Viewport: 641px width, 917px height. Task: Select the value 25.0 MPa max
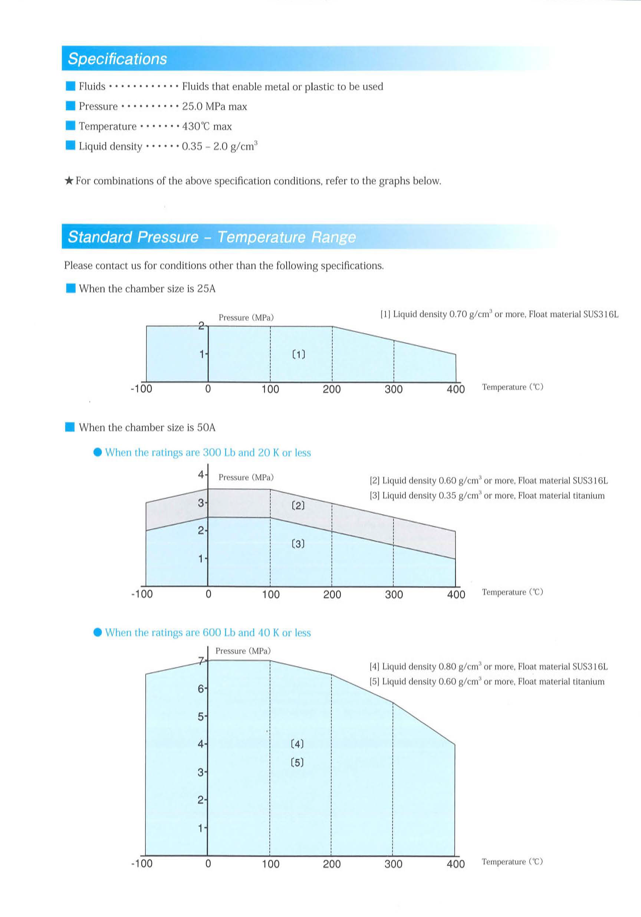(x=214, y=106)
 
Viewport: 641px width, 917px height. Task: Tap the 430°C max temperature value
(x=207, y=126)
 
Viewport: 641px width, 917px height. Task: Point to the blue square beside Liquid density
(x=70, y=145)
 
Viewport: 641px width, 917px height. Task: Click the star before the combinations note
(x=69, y=181)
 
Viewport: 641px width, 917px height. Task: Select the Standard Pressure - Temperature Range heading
(x=211, y=237)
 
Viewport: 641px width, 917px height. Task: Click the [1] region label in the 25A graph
(x=299, y=354)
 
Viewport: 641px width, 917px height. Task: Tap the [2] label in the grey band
(x=298, y=506)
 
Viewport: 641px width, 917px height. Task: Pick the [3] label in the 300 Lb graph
(x=298, y=543)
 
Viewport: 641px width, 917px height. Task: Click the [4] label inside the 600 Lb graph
(x=297, y=744)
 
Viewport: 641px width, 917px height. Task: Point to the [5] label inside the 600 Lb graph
(x=297, y=762)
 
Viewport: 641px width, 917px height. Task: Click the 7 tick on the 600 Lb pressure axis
(x=201, y=661)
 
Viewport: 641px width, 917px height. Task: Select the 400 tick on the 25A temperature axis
(x=456, y=390)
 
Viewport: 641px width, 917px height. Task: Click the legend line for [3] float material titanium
(x=487, y=496)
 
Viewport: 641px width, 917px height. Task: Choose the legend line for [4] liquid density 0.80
(x=488, y=666)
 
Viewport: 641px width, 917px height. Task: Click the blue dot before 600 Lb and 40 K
(x=98, y=632)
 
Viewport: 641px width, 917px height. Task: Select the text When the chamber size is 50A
(x=147, y=428)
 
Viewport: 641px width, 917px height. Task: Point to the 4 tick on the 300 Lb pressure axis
(x=201, y=474)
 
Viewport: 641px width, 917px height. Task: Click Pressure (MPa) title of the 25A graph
(x=246, y=318)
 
